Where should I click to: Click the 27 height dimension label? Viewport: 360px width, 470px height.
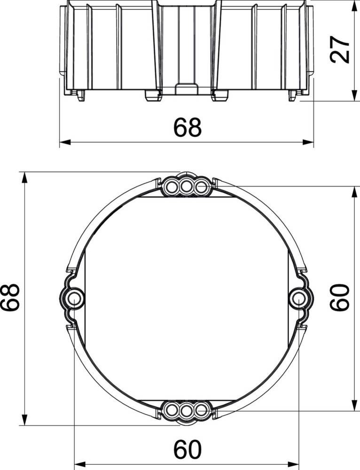pyautogui.click(x=340, y=49)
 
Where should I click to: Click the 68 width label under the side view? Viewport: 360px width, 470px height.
pyautogui.click(x=188, y=127)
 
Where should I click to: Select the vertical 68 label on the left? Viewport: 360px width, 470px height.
pyautogui.click(x=10, y=298)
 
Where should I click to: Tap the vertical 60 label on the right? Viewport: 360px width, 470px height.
pyautogui.click(x=340, y=297)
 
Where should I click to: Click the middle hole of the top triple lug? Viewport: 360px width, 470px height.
pyautogui.click(x=187, y=188)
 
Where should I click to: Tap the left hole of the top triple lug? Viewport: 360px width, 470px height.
pyautogui.click(x=172, y=188)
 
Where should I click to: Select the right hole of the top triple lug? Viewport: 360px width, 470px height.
pyautogui.click(x=201, y=188)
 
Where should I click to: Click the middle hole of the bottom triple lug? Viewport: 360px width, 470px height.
pyautogui.click(x=187, y=409)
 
